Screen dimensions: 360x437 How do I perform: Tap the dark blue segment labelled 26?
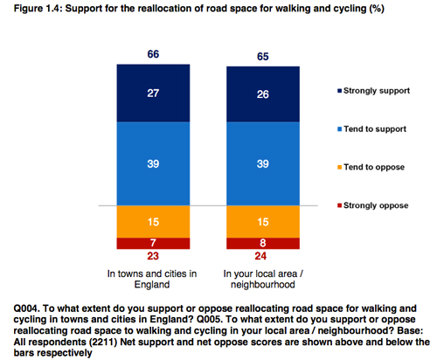[260, 93]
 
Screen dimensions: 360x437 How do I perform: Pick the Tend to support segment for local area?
[260, 164]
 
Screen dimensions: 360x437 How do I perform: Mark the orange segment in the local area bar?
[260, 222]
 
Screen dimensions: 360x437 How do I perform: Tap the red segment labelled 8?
[260, 243]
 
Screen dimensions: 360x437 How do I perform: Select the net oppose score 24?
[260, 257]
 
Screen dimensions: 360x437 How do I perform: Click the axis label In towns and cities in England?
[151, 278]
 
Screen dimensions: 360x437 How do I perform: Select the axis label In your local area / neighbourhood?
[260, 278]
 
